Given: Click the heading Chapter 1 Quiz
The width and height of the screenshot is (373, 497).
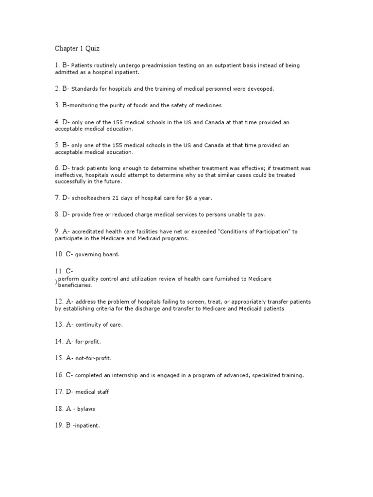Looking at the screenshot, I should coord(76,49).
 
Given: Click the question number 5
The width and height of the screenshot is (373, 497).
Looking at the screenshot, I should coord(56,145).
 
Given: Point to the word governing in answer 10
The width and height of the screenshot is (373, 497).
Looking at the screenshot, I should coord(90,254).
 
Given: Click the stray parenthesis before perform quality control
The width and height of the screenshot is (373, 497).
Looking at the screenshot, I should coord(56,282).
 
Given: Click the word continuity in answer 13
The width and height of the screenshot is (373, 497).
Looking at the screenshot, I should coord(90,325).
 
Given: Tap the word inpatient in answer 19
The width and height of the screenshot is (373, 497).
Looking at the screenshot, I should coord(86,426).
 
